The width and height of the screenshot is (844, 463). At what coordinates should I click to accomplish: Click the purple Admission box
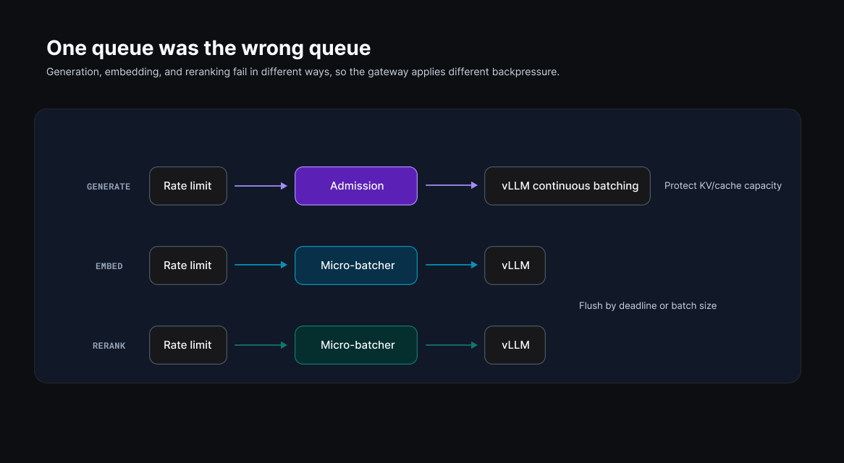356,185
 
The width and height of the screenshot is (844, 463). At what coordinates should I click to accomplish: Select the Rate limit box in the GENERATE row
188,185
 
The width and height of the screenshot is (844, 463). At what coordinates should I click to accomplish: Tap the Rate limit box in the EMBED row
188,265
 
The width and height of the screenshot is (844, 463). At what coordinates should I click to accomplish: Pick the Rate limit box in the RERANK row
188,344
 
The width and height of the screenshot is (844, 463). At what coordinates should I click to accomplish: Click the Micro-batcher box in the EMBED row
356,265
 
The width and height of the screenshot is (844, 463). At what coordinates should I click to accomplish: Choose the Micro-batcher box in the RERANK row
356,344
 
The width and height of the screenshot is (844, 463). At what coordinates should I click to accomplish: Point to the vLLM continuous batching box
567,185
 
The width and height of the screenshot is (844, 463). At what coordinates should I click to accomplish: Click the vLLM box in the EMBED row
515,265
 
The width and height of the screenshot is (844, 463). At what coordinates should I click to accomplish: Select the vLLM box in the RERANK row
515,344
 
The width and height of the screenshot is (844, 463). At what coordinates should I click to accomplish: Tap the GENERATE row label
109,187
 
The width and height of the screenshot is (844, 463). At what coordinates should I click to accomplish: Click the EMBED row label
109,266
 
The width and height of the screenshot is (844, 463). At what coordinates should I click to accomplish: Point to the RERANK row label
109,346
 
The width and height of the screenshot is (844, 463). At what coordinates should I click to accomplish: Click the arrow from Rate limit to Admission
261,185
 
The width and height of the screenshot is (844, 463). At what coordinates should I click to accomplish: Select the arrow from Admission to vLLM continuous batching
452,185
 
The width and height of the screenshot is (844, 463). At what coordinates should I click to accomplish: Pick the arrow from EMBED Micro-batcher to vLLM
452,265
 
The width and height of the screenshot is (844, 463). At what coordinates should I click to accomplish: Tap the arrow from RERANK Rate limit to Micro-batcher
261,344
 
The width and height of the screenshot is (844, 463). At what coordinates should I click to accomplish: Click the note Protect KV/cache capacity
723,185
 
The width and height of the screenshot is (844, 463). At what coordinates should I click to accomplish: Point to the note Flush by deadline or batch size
648,305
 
